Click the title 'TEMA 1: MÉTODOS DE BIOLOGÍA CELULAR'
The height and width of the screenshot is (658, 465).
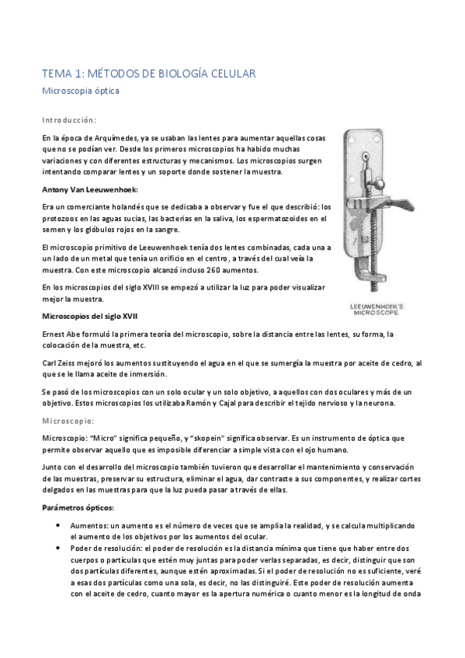[x=148, y=74]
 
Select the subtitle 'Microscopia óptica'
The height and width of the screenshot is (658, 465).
[x=81, y=92]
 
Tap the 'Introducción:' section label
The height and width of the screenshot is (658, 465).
[x=69, y=120]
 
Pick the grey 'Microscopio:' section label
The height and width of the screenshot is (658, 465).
[x=68, y=421]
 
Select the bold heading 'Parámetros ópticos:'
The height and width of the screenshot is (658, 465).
[x=78, y=507]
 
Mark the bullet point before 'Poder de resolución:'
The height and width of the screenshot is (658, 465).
[x=60, y=547]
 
